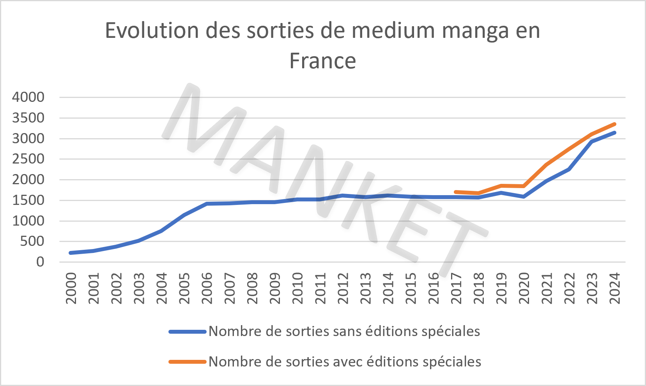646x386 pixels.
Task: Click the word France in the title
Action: pos(322,61)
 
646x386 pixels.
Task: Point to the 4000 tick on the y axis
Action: pos(28,97)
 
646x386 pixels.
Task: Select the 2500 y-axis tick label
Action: pos(28,159)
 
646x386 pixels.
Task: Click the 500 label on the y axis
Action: pos(33,241)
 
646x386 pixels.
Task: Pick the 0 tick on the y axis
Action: pos(40,262)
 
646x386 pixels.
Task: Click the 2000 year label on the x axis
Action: pos(71,288)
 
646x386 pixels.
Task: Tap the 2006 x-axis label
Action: pos(207,288)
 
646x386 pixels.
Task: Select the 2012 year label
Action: pos(343,288)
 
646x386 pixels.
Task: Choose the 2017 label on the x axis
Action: pos(456,288)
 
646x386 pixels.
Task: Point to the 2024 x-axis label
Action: pos(614,288)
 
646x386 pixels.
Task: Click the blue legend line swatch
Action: pos(187,332)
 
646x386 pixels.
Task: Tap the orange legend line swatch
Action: pos(187,362)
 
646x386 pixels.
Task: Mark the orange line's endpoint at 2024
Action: pos(614,124)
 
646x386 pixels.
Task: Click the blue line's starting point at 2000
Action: pos(71,253)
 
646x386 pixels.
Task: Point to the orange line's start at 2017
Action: pos(456,192)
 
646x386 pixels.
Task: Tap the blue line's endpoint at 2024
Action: pos(614,133)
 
